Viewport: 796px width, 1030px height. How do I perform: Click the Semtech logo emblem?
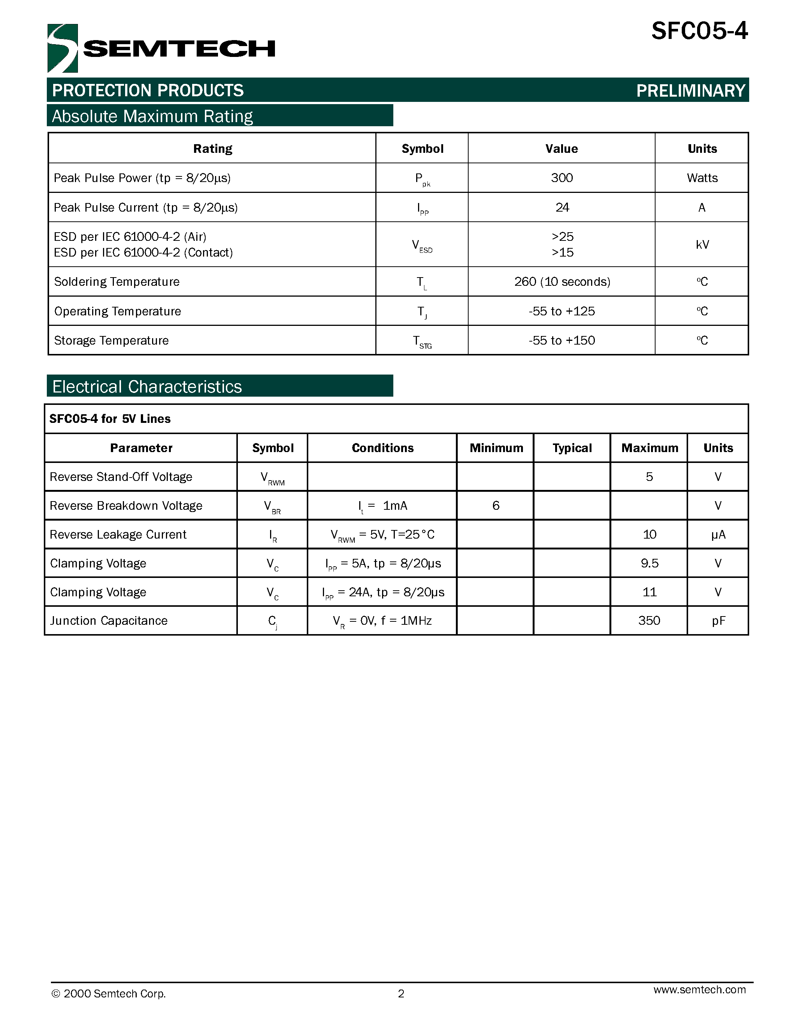(x=62, y=48)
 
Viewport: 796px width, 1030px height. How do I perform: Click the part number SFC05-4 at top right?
(x=699, y=31)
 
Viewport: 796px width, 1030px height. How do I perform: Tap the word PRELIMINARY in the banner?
(x=690, y=91)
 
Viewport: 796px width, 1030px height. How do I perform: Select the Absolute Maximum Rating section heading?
(x=152, y=116)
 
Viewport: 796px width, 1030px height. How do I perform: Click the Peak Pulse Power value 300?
(x=562, y=178)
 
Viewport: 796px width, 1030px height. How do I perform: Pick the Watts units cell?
(x=702, y=178)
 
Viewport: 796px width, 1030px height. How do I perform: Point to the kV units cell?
(x=702, y=244)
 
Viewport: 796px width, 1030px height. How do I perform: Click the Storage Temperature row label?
(x=111, y=340)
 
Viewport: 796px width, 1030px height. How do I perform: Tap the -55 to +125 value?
(x=562, y=311)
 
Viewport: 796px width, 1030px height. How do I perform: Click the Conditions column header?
(x=382, y=448)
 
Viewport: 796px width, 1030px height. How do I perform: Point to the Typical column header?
(x=572, y=448)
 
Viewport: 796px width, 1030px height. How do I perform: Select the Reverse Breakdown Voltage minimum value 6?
(x=496, y=506)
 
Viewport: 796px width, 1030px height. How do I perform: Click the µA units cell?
(x=718, y=534)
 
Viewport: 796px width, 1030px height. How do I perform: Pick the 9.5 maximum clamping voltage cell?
(x=649, y=563)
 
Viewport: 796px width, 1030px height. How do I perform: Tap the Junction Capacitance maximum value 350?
(x=649, y=621)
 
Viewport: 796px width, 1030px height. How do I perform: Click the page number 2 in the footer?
(x=401, y=994)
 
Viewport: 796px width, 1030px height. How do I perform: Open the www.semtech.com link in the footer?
(x=699, y=990)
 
